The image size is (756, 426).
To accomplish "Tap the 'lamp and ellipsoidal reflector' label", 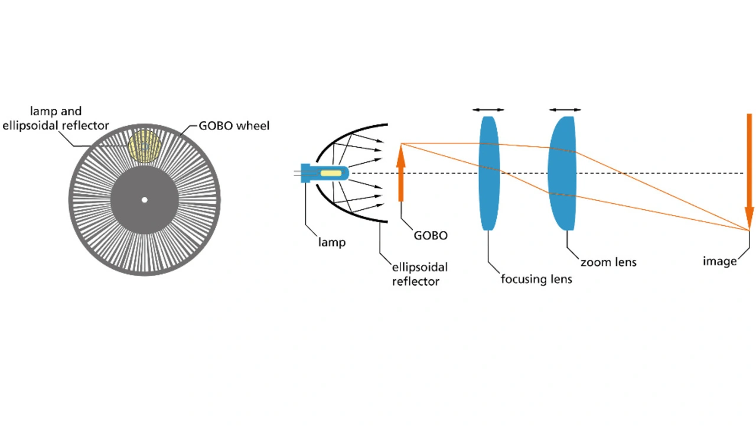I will [x=56, y=118].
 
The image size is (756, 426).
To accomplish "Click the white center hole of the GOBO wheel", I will [x=144, y=200].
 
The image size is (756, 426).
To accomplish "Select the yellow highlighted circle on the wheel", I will [x=144, y=146].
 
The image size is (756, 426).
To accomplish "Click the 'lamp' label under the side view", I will [x=331, y=242].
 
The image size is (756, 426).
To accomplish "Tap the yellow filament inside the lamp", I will [x=331, y=174].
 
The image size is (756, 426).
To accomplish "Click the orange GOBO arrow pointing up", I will [x=401, y=174].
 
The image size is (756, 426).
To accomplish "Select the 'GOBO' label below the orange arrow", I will [x=430, y=235].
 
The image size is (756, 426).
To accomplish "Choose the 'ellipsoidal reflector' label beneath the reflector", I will [x=416, y=274].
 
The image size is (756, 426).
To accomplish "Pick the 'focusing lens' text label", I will [x=536, y=279].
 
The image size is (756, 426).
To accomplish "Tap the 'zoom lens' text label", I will [x=608, y=262].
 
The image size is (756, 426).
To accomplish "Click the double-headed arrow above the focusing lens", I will [x=488, y=109].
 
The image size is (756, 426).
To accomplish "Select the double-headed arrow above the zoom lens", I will [x=565, y=109].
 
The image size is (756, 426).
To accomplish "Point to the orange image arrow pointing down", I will [x=749, y=171].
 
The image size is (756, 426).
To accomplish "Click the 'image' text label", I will [x=719, y=261].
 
